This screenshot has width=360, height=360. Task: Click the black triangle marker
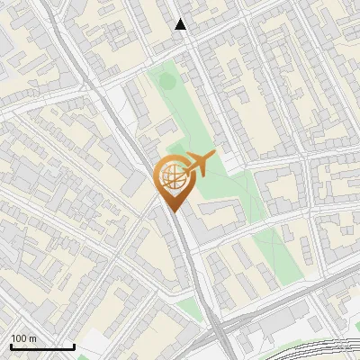click(x=181, y=24)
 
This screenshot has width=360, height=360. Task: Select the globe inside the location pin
click(x=171, y=175)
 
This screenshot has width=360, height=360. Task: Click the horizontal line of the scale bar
click(x=42, y=347)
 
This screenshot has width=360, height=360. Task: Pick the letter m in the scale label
click(x=32, y=338)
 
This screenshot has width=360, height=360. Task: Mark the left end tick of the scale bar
click(x=11, y=346)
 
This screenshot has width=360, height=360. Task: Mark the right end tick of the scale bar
click(x=74, y=346)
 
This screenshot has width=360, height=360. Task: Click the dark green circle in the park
click(x=167, y=80)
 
